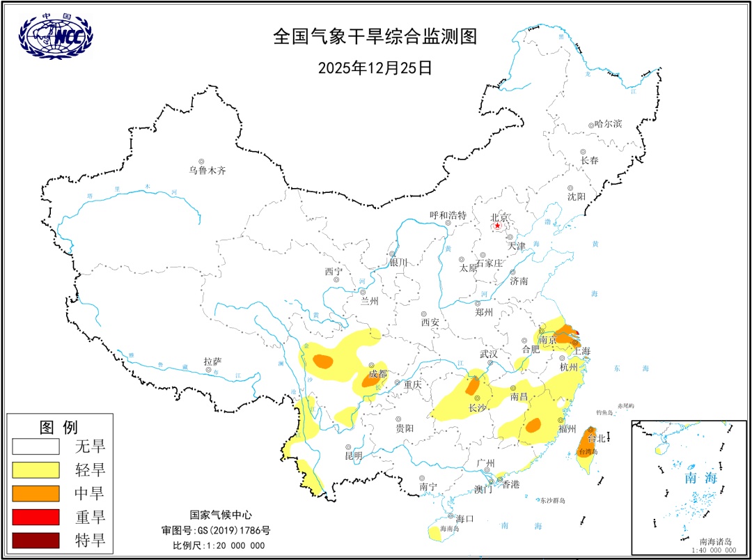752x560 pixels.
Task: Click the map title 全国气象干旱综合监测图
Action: coord(375,37)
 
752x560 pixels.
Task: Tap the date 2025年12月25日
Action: coord(375,68)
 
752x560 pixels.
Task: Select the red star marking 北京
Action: coord(497,226)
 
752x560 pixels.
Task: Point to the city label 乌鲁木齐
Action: coord(207,170)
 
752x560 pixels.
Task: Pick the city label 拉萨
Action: coord(212,361)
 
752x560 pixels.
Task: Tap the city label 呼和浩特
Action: coord(448,216)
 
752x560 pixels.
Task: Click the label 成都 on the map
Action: coord(378,373)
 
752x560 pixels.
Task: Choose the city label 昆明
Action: coord(354,456)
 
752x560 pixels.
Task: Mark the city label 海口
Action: coord(464,518)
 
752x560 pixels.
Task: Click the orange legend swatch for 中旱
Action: coord(35,494)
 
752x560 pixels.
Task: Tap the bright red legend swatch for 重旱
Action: coord(35,517)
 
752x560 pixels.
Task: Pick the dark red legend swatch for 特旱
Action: coord(35,540)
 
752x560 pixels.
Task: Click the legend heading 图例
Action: coord(58,426)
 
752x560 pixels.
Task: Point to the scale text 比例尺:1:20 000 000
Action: coord(219,545)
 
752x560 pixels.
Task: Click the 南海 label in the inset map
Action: coord(700,478)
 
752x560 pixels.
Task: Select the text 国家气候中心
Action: coord(219,515)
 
